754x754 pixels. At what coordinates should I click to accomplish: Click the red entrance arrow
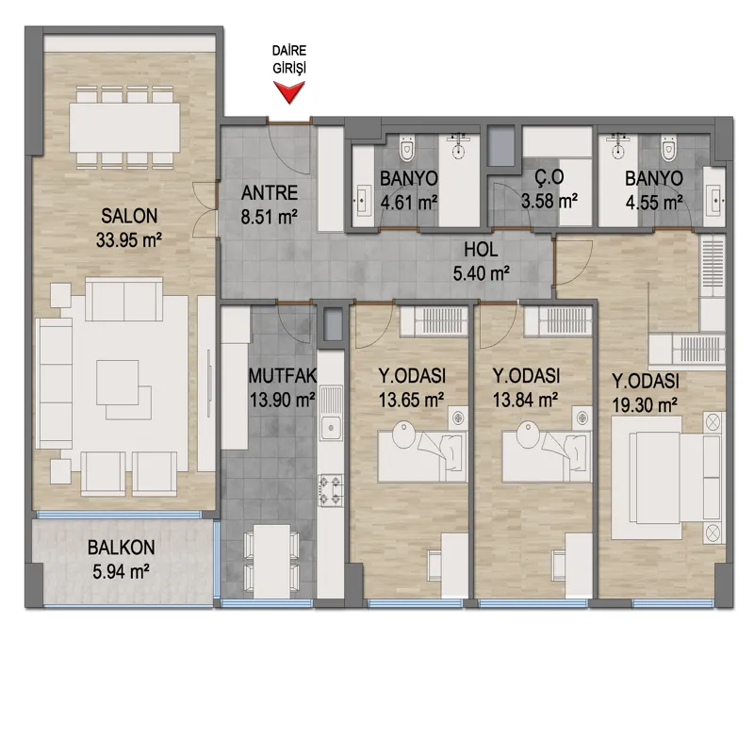coord(289,91)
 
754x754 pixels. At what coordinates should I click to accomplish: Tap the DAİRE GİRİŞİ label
coord(289,59)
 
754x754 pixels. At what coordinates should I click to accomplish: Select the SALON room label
coord(129,216)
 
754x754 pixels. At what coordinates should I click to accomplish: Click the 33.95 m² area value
coord(129,239)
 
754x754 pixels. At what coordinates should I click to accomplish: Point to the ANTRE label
coord(270,193)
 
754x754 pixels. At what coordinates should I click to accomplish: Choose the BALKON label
coord(122,548)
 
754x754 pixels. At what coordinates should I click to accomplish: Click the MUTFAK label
coord(282,375)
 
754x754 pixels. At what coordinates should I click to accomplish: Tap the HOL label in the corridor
coord(481,250)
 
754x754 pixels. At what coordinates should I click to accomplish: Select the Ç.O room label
coord(549,177)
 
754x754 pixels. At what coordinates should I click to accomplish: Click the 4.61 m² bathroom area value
coord(409,202)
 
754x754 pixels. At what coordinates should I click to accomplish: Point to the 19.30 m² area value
coord(645,405)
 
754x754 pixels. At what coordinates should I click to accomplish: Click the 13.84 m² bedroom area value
coord(526,399)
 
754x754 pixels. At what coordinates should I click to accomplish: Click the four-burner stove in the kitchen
coord(331,490)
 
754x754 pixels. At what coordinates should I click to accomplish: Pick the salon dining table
coord(124,127)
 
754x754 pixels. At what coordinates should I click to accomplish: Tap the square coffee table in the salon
coord(117,383)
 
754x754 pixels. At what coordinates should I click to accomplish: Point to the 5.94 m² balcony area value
coord(122,571)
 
